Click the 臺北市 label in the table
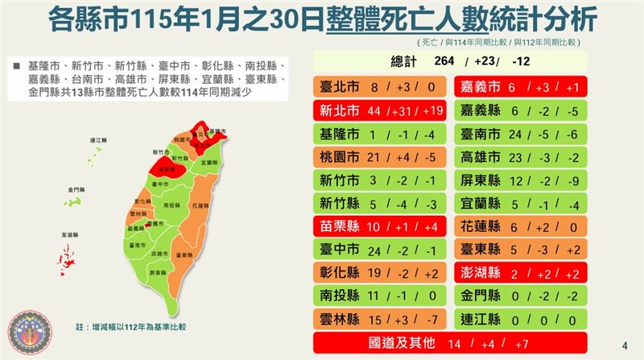coord(338,86)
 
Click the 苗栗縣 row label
coord(338,227)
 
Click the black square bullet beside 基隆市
coord(17,64)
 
